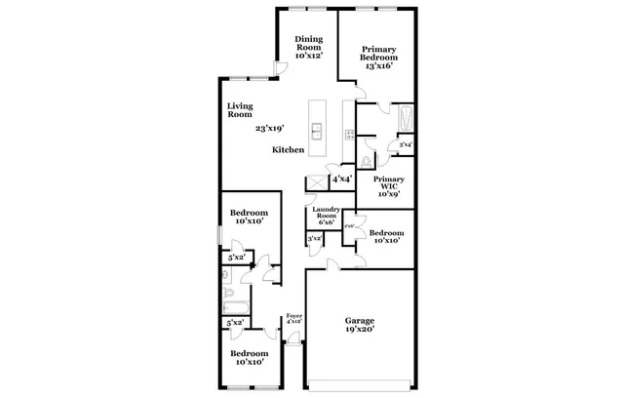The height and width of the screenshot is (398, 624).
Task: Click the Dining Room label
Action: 309,43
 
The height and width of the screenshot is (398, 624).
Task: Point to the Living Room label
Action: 240,110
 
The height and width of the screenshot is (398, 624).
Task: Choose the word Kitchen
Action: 289,150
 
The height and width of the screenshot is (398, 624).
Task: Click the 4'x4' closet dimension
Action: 341,179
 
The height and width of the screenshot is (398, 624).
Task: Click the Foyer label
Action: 293,315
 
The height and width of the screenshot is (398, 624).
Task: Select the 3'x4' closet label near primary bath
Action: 406,145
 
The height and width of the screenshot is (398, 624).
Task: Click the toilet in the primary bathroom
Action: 366,161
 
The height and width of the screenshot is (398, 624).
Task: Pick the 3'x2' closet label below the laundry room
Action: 315,239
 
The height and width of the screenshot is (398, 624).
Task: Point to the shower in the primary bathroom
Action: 408,119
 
